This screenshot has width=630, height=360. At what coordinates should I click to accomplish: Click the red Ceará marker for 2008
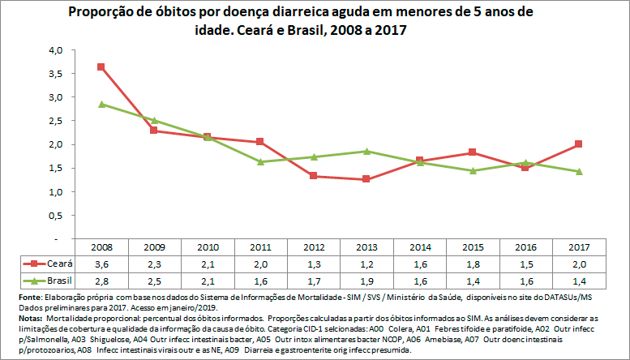[x=101, y=66]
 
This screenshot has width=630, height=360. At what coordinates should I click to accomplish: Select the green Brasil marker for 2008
[x=101, y=104]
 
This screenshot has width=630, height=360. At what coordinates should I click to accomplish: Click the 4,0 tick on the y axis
[x=55, y=50]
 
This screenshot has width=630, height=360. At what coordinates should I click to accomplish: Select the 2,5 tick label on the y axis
[x=55, y=121]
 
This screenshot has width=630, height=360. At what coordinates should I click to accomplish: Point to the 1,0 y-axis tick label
[x=55, y=192]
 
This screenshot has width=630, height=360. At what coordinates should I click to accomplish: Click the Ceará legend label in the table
[x=58, y=264]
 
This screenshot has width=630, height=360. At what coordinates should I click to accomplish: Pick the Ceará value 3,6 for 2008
[x=101, y=264]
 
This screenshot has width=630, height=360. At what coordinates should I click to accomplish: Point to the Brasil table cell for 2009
[x=155, y=281]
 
